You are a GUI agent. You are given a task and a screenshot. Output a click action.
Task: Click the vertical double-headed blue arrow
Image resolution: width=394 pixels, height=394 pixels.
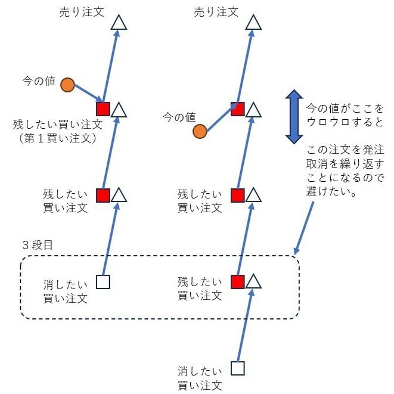click(x=294, y=117)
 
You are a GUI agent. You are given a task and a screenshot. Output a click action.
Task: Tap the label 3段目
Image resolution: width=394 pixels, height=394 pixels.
click(x=38, y=245)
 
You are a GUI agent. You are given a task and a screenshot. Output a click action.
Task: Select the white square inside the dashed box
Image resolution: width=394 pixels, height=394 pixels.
click(x=103, y=282)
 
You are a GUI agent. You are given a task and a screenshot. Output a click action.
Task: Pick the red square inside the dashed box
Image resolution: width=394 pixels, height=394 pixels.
click(x=238, y=282)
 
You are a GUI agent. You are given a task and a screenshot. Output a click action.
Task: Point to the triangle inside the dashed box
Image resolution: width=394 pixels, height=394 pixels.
click(x=253, y=281)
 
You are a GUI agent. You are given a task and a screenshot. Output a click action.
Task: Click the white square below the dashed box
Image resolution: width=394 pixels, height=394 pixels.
click(x=237, y=368)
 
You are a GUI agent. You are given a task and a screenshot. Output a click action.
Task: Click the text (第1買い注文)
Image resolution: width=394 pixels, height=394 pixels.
click(x=58, y=138)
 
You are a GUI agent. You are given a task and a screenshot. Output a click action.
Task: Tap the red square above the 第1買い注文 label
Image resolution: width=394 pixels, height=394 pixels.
click(x=103, y=109)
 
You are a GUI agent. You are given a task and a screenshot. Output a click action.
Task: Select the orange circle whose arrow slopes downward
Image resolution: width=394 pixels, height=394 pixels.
click(x=67, y=85)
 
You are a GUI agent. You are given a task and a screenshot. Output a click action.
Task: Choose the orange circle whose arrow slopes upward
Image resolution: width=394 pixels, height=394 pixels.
click(x=200, y=131)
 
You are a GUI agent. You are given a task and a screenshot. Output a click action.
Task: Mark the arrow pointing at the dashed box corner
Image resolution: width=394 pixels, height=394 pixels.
click(x=303, y=228)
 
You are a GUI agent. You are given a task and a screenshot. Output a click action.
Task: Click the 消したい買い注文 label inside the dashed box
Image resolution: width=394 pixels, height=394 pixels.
click(x=65, y=291)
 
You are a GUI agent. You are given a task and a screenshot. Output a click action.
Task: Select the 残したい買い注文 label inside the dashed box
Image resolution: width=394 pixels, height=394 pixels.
click(x=200, y=288)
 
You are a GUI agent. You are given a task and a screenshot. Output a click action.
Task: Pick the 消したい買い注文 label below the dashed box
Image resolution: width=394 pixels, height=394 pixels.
click(x=200, y=379)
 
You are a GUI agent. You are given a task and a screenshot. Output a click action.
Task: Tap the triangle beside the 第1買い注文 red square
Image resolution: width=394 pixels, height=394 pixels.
click(x=119, y=110)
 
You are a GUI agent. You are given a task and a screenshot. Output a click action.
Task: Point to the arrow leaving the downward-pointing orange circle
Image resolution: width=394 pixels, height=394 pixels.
click(x=88, y=93)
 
